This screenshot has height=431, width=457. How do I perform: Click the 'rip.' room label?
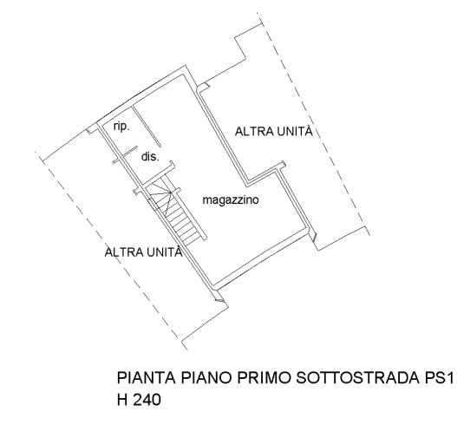(x=121, y=127)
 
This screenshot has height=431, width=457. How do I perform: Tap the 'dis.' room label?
(x=150, y=157)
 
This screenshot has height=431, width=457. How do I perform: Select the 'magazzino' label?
(x=231, y=200)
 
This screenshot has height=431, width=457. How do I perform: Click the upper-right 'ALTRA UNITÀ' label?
(x=274, y=132)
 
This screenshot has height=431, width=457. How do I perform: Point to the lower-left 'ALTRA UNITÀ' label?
(x=143, y=252)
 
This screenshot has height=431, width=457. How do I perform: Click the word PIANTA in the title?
(x=147, y=378)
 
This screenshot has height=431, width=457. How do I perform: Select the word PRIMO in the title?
(x=264, y=378)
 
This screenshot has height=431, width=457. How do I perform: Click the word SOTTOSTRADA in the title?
(x=356, y=378)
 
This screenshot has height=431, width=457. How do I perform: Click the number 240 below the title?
(x=147, y=400)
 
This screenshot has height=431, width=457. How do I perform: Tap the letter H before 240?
(x=122, y=400)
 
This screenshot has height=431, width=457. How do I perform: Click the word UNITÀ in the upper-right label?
(x=294, y=132)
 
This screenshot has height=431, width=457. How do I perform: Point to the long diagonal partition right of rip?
(x=147, y=126)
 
